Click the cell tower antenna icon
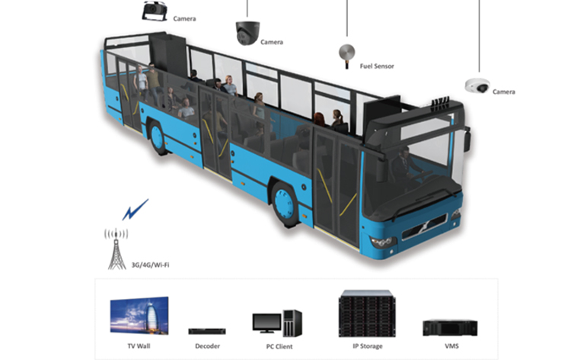(116, 246)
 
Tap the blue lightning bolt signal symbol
(136, 208)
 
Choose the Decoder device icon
(206, 330)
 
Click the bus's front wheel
(285, 204)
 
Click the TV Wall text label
(138, 346)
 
